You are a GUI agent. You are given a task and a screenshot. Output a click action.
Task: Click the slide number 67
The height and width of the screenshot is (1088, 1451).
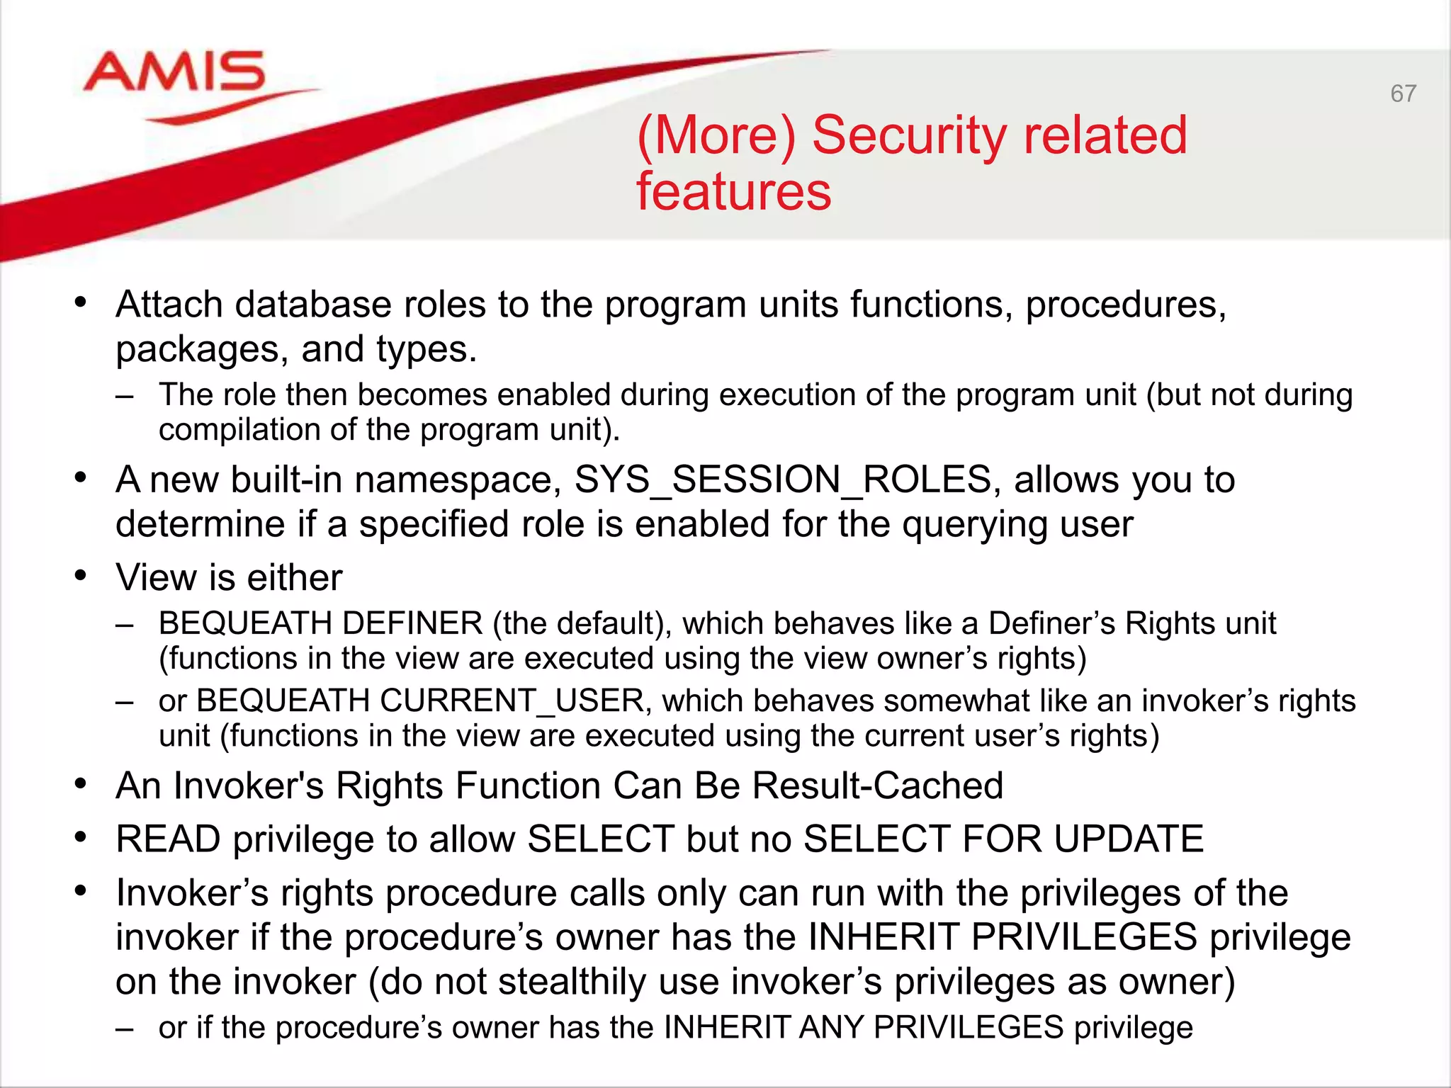click(1403, 93)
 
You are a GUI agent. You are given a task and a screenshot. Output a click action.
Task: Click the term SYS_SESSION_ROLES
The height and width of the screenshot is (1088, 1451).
click(783, 480)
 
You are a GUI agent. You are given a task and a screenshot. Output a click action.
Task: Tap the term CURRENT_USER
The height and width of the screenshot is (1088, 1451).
click(512, 701)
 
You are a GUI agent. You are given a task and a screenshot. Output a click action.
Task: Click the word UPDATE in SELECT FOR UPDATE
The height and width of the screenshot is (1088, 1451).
click(1128, 839)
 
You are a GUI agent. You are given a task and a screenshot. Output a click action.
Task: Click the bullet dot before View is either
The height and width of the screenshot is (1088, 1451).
click(81, 577)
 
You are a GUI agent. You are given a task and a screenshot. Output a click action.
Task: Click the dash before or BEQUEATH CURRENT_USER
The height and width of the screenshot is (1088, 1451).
click(125, 701)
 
